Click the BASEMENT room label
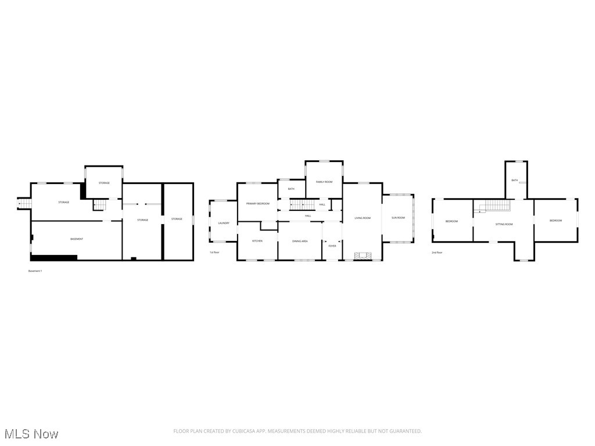77,239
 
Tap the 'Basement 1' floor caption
35,271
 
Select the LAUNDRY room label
224,223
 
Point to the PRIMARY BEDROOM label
257,204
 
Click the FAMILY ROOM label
324,182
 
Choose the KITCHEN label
257,241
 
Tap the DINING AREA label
300,241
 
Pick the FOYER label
332,246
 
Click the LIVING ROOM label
363,218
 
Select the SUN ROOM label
398,218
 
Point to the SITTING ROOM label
504,224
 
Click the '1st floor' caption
214,253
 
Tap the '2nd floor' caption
437,253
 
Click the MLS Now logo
31,434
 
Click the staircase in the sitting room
497,205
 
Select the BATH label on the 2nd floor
515,181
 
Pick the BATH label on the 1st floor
291,189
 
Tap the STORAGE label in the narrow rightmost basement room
177,219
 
